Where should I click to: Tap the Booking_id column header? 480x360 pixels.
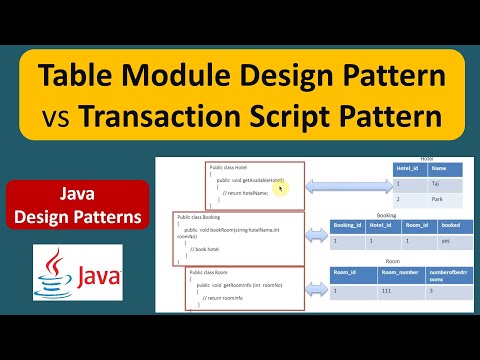pos(350,227)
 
